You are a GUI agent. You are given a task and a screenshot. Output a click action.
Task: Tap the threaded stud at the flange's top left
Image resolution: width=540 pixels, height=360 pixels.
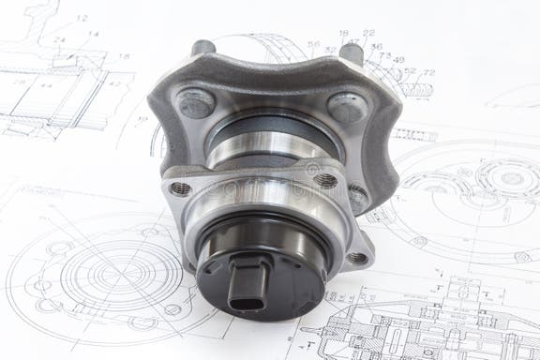(x=203, y=48)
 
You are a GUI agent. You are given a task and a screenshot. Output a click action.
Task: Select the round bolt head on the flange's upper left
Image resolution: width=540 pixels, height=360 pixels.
(x=196, y=101)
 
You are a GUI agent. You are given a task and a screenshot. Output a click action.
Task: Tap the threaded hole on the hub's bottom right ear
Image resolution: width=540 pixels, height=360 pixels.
(x=357, y=257)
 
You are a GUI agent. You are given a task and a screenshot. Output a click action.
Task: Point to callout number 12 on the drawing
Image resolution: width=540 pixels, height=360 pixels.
(x=82, y=18)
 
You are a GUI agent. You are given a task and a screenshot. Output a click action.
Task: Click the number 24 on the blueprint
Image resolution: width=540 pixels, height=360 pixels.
(x=59, y=40)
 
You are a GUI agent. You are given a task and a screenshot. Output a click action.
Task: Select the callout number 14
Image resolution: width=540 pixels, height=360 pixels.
(x=93, y=34)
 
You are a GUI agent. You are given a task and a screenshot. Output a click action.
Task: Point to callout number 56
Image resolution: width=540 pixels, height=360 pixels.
(x=313, y=44)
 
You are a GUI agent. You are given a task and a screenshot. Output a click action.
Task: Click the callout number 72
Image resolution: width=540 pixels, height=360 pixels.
(x=428, y=72)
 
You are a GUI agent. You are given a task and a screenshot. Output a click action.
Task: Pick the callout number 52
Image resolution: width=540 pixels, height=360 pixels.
(x=410, y=70)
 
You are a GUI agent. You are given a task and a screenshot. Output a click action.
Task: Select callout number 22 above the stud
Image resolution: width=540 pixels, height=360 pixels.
(x=368, y=33)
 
